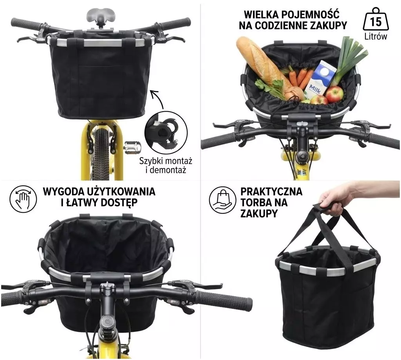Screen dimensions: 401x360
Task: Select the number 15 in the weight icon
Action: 376,22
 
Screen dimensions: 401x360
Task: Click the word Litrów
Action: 376,36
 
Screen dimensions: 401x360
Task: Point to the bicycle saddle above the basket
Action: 98,16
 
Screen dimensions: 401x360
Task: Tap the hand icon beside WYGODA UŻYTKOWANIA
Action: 23,199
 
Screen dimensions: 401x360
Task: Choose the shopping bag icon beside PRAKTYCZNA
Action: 222,199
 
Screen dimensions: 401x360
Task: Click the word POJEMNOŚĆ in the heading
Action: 308,14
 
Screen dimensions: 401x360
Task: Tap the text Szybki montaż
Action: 166,161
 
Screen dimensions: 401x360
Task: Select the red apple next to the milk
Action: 334,94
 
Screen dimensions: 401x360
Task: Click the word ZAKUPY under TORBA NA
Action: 259,213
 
